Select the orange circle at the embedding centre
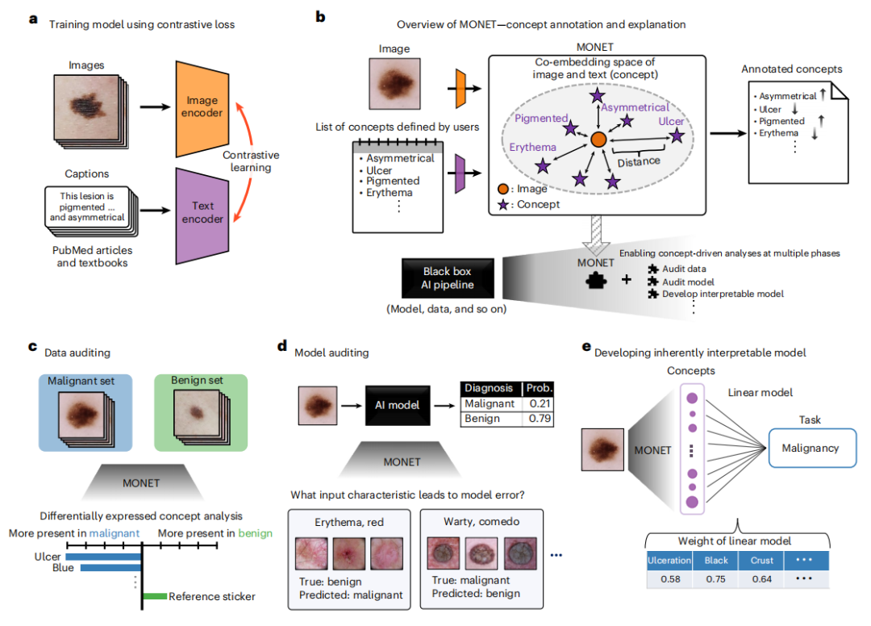tap(598, 140)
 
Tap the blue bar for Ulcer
tap(103, 555)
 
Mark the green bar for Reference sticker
tap(155, 597)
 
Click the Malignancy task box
tap(811, 448)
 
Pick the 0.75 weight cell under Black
tap(715, 579)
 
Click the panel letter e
tap(586, 346)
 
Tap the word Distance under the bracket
tap(639, 161)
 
